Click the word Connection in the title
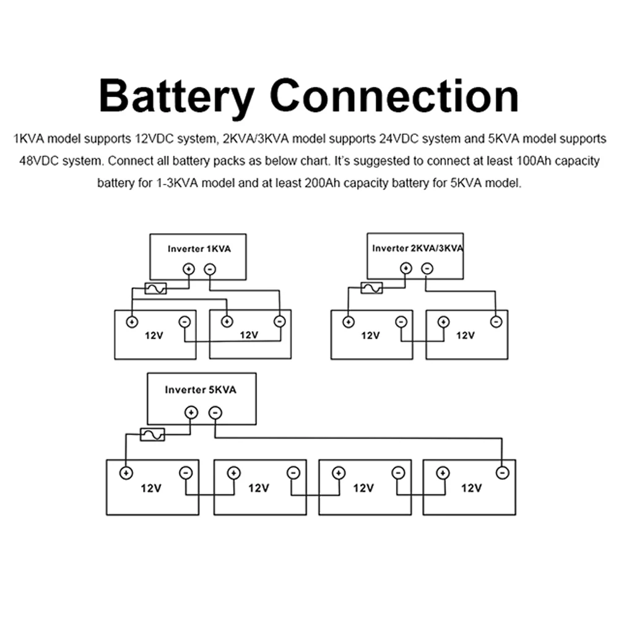click(394, 95)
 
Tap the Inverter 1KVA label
click(199, 249)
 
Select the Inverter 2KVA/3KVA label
click(418, 248)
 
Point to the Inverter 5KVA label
click(201, 389)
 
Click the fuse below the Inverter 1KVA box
click(155, 288)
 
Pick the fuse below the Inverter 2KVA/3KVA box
click(372, 288)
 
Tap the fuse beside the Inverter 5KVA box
click(152, 435)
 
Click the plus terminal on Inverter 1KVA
click(189, 269)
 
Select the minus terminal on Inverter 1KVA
click(210, 269)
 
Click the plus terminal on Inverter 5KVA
click(191, 412)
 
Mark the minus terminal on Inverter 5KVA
click(215, 412)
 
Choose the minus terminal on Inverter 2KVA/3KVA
click(427, 269)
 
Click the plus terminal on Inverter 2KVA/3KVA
click(406, 269)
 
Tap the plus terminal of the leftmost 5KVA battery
click(126, 472)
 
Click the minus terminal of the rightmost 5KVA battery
click(503, 472)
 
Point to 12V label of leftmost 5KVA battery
click(151, 488)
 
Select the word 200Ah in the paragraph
click(322, 183)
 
